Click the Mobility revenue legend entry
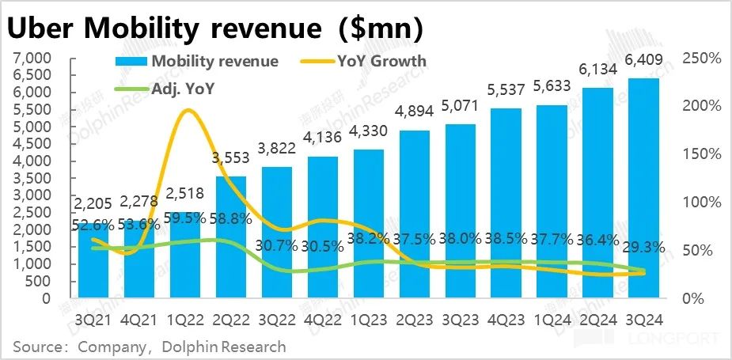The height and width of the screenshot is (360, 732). coord(198,62)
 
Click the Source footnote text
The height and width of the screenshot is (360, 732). coord(149,347)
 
